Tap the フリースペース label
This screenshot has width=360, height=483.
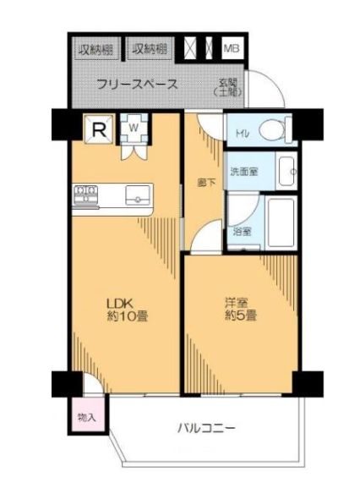[136, 85]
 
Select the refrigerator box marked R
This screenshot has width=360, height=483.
[99, 129]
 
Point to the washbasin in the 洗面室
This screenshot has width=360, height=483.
[288, 173]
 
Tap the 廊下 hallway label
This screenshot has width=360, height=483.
[204, 181]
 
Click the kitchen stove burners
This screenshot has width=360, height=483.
[85, 196]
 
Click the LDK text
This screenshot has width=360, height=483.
[116, 304]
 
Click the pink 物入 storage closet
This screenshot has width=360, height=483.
[85, 417]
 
